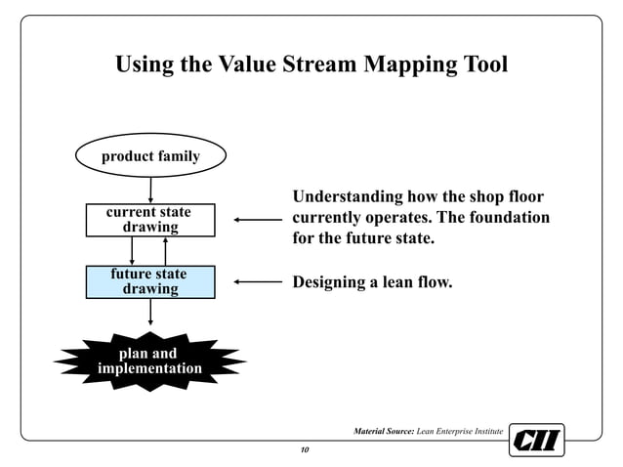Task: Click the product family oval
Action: tap(150, 156)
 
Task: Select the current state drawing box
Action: tap(149, 220)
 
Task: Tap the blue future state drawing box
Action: tap(149, 281)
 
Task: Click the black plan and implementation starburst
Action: tap(149, 361)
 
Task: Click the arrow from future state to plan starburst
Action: tap(150, 312)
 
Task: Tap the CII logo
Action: tap(536, 441)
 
